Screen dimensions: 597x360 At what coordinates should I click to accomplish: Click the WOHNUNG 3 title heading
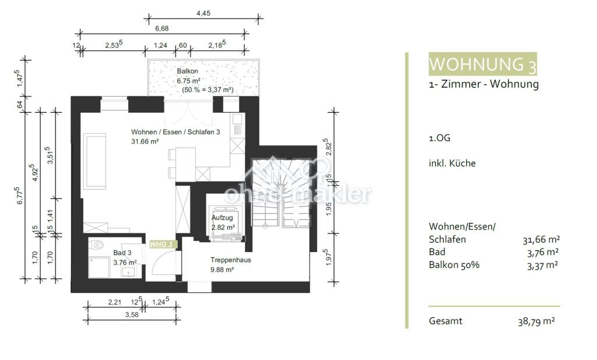point(483,64)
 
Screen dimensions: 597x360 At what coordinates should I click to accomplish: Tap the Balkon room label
point(187,71)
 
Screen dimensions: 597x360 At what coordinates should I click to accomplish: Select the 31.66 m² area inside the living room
point(145,141)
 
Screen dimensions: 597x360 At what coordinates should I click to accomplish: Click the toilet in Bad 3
point(97,244)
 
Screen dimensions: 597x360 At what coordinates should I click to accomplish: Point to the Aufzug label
point(222,218)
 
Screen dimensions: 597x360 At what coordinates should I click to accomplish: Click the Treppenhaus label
point(231,260)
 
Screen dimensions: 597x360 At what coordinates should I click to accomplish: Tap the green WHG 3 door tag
point(162,244)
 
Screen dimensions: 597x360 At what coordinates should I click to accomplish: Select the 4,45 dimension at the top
point(203,13)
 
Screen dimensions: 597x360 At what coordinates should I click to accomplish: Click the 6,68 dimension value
point(162,29)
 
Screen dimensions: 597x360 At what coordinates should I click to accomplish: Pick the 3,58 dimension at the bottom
point(132,314)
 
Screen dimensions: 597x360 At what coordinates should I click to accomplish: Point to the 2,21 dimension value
point(115,302)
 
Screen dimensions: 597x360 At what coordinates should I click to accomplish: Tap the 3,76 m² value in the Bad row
point(543,252)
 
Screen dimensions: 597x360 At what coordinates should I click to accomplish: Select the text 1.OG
point(440,138)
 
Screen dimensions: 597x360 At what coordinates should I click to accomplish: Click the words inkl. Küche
point(452,163)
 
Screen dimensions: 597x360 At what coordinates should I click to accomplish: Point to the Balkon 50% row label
point(454,265)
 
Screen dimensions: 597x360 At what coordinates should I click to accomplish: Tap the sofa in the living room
point(94,161)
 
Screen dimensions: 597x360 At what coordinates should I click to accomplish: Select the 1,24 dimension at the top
point(160,46)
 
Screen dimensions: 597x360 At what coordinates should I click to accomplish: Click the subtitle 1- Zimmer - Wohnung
point(483,84)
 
